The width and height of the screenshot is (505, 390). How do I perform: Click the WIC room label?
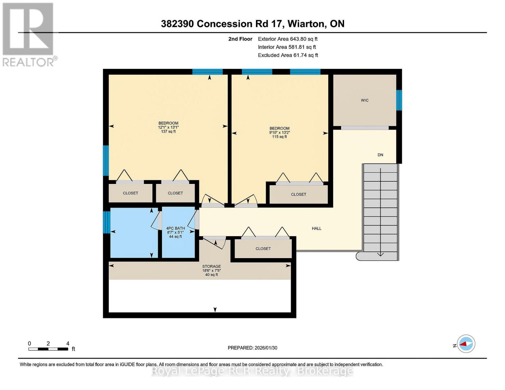(365, 100)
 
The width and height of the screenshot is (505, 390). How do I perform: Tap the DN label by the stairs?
(380, 155)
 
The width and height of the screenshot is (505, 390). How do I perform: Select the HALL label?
(316, 228)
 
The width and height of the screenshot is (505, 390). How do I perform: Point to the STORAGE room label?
(211, 266)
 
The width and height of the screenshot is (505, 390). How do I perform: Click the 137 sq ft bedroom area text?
(168, 132)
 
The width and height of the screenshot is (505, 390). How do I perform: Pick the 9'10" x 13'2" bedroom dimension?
(279, 133)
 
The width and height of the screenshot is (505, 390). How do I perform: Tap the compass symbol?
(466, 344)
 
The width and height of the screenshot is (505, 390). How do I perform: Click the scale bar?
(48, 349)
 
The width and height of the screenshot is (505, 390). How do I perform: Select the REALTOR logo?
(29, 34)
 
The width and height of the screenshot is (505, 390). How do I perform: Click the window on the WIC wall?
(399, 100)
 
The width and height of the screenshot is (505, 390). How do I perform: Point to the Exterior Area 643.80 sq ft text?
(287, 39)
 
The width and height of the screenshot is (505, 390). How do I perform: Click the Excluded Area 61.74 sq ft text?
(288, 55)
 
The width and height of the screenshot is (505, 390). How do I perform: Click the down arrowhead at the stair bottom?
(380, 254)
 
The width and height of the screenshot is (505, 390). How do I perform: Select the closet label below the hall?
(263, 249)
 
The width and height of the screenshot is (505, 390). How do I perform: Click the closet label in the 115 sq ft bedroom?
(298, 194)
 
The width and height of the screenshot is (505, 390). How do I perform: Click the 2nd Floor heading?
(240, 39)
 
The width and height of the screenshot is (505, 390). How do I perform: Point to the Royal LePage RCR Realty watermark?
(252, 371)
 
